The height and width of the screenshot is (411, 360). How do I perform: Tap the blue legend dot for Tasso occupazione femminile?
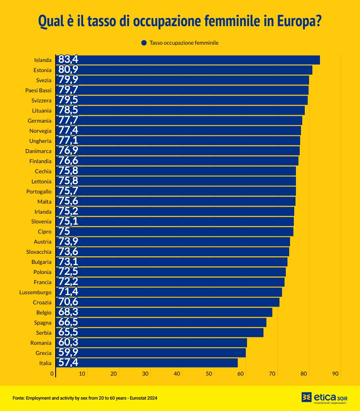pyautogui.click(x=144, y=43)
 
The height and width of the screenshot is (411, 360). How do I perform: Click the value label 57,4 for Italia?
pyautogui.click(x=68, y=363)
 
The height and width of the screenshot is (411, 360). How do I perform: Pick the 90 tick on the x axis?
pyautogui.click(x=336, y=373)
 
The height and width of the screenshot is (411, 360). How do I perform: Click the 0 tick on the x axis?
pyautogui.click(x=52, y=373)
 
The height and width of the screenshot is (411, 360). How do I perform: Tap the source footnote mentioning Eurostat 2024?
pyautogui.click(x=85, y=398)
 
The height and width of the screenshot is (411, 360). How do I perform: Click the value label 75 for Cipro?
pyautogui.click(x=64, y=231)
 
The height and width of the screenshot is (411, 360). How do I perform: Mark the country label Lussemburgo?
pyautogui.click(x=35, y=292)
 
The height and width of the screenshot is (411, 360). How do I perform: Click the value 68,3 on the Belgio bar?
pyautogui.click(x=68, y=312)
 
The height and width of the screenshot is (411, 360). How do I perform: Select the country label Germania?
pyautogui.click(x=40, y=121)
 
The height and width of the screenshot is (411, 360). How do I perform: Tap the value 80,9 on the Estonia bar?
pyautogui.click(x=68, y=70)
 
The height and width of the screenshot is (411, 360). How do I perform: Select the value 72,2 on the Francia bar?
pyautogui.click(x=68, y=282)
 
